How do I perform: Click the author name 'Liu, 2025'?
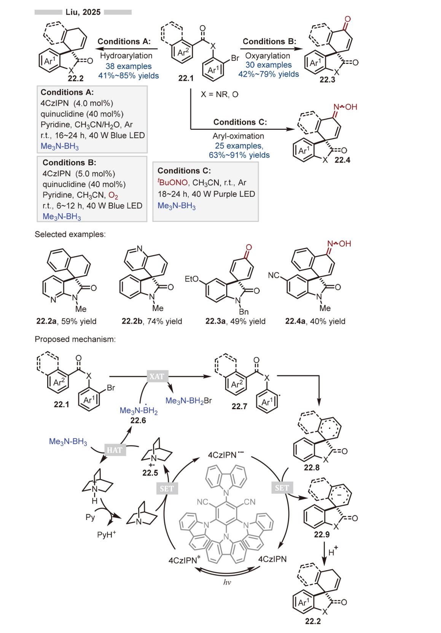[83, 12]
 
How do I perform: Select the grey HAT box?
[115, 450]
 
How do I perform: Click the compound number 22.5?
[150, 473]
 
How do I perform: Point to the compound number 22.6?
[138, 421]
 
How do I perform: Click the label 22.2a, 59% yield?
[66, 321]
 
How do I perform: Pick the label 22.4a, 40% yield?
[315, 321]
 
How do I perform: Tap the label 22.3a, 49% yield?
[235, 321]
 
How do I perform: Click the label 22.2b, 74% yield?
[152, 321]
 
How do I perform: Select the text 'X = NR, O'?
[220, 94]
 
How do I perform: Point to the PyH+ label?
[107, 534]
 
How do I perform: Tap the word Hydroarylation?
[126, 56]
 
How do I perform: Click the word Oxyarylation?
[267, 56]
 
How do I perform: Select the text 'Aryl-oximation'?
[238, 136]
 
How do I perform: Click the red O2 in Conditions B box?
[113, 196]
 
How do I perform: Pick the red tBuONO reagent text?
[173, 182]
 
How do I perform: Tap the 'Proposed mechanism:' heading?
[75, 339]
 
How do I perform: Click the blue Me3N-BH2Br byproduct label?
[188, 401]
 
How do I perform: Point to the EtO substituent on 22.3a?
[191, 279]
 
